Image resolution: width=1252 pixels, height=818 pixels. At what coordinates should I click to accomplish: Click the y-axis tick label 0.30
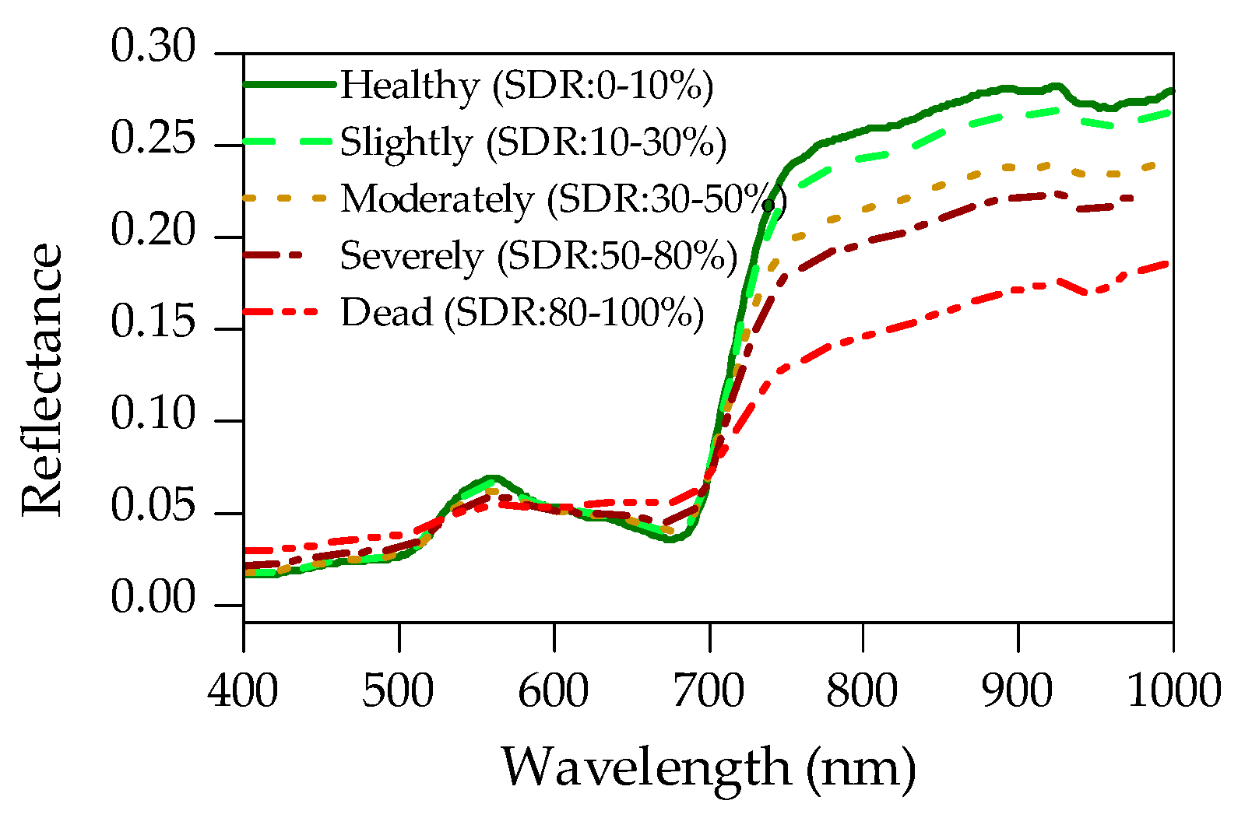pos(153,47)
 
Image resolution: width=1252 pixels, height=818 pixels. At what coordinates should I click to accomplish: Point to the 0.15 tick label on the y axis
pos(153,323)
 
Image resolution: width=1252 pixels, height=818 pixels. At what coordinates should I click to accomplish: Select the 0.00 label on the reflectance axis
pos(153,599)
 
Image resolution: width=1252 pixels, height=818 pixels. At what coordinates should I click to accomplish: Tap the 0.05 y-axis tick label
pos(153,507)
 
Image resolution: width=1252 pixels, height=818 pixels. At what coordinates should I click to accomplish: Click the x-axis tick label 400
pos(243,691)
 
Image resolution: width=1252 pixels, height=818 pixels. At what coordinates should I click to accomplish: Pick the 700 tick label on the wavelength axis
pos(709,691)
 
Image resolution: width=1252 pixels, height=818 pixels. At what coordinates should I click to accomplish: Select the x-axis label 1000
pos(1173,691)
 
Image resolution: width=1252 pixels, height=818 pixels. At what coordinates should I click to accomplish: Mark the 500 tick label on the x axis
pos(398,691)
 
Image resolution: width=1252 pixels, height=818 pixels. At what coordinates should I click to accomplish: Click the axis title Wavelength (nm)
pos(708,767)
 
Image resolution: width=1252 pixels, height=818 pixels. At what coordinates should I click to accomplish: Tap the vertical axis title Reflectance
pos(42,379)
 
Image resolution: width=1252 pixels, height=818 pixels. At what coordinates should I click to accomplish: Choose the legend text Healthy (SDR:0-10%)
pos(526,86)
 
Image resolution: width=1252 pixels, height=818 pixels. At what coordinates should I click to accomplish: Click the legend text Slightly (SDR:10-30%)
pos(533,142)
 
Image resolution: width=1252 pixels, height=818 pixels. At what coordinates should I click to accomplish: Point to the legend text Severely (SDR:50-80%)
pos(538,256)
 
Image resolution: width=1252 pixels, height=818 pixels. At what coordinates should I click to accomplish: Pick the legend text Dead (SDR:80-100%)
pos(522,313)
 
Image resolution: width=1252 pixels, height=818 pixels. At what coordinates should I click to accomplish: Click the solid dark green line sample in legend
pos(290,84)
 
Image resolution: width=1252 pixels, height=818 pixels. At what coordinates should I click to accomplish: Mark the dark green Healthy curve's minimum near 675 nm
pos(670,539)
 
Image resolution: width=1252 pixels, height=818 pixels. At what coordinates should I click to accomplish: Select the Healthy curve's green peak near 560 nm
pos(491,478)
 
